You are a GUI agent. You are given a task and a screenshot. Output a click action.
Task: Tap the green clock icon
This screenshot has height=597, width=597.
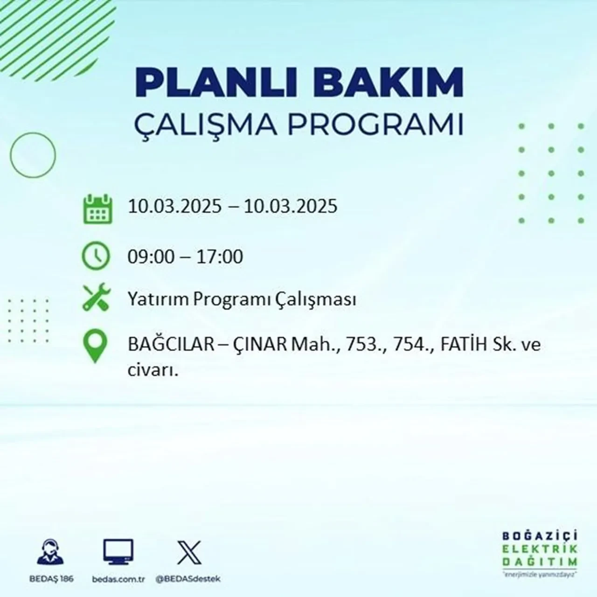pyautogui.click(x=96, y=257)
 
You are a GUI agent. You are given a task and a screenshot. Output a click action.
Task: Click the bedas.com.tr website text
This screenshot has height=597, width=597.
pyautogui.click(x=118, y=579)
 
